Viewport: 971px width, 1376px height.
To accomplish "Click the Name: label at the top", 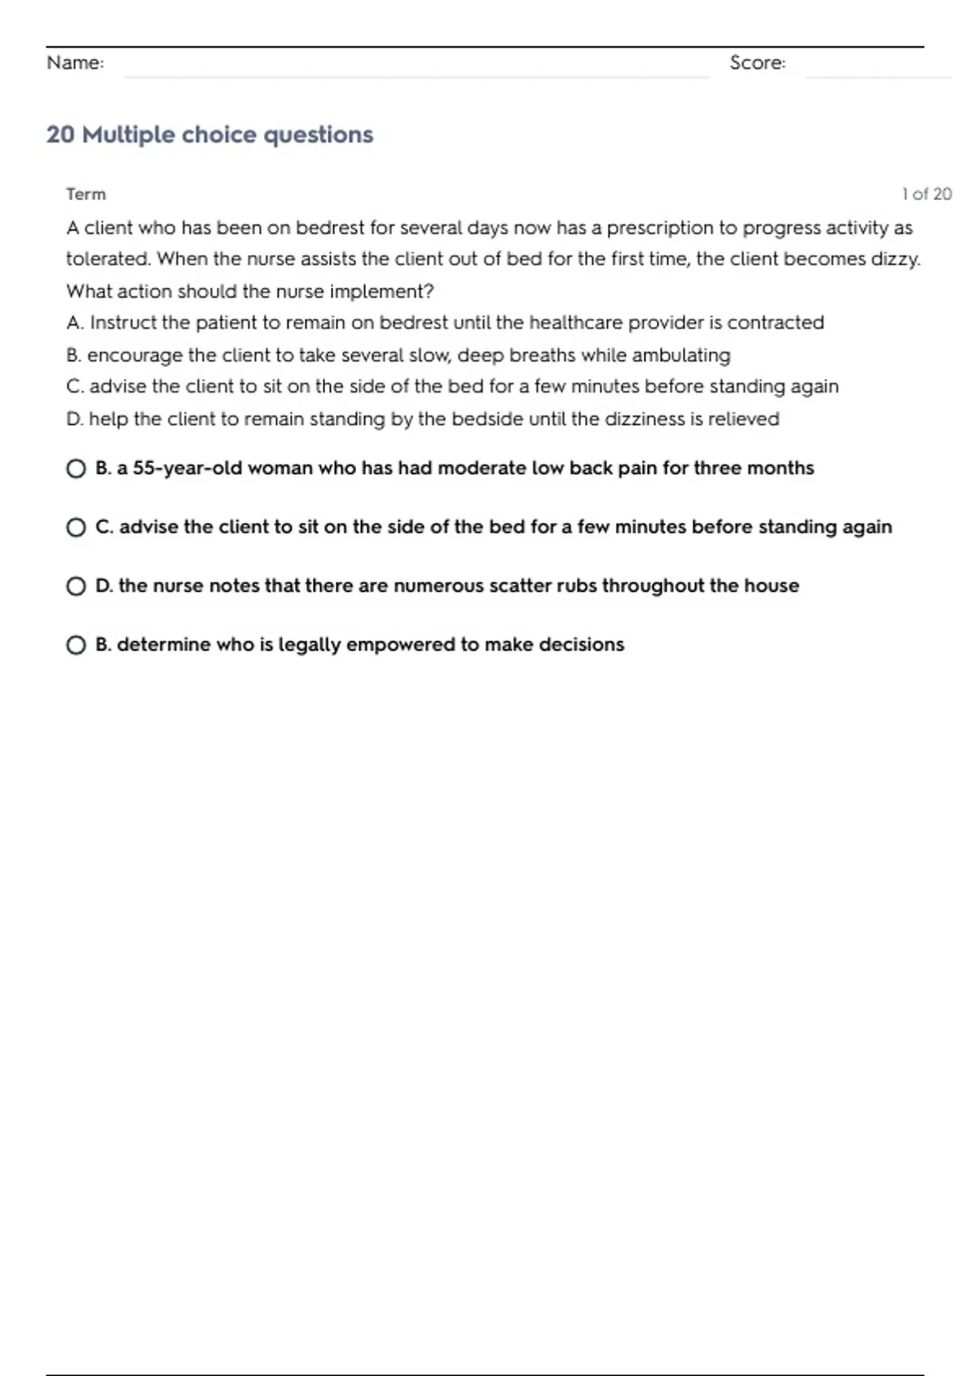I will coord(75,63).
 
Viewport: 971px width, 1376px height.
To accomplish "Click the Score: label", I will coord(757,63).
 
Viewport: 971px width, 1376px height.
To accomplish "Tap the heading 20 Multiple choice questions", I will coord(210,134).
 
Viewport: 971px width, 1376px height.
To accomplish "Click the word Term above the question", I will coord(86,194).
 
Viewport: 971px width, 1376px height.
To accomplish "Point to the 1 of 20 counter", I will coord(926,194).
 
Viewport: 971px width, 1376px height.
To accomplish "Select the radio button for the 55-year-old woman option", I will coord(76,469).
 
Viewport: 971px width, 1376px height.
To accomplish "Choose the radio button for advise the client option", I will coord(76,528).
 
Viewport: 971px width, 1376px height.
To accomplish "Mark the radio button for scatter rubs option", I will coord(76,586).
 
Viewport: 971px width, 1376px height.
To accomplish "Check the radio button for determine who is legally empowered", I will coord(76,645).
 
